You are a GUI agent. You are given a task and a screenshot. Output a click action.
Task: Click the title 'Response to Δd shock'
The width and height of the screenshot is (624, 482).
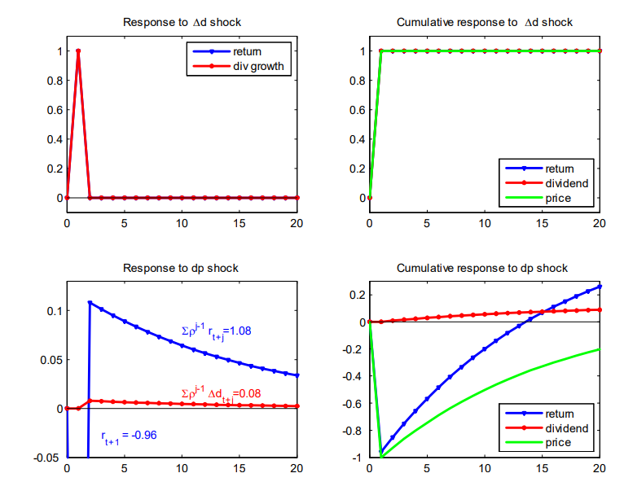[x=182, y=22]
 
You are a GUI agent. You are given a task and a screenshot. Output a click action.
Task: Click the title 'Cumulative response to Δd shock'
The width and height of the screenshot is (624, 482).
[x=485, y=22]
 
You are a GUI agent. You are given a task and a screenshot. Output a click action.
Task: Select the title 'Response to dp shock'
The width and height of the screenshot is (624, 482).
[x=182, y=268]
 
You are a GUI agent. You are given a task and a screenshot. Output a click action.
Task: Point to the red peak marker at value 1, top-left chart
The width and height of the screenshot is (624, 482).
[x=78, y=51]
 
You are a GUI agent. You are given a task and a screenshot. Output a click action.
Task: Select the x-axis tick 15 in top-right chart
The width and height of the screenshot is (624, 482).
[x=542, y=224]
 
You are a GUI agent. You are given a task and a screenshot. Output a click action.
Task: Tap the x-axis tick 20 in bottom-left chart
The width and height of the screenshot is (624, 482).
[x=297, y=468]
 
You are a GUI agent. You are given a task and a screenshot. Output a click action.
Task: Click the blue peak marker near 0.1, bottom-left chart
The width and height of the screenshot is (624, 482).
[x=90, y=303]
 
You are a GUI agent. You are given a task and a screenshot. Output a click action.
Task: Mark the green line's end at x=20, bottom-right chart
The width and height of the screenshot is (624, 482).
[x=600, y=349]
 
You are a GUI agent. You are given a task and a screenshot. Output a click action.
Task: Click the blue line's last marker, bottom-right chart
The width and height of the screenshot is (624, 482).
[x=600, y=287]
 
